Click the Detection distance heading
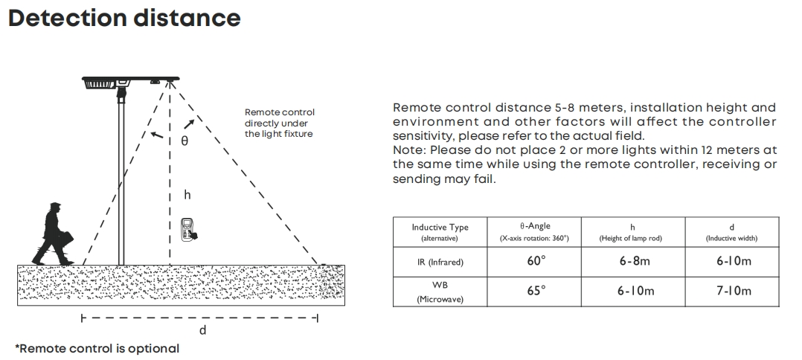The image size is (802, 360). coord(124,18)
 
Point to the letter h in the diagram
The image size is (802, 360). coord(187,195)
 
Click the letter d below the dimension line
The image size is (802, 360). coord(202,331)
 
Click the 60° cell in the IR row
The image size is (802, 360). coord(536,261)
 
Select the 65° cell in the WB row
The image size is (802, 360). coord(536,291)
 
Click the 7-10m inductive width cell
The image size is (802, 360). coord(734,291)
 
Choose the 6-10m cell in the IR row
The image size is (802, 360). coord(734,261)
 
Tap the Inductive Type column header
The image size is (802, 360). coord(440,232)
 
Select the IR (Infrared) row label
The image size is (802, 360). coord(440,262)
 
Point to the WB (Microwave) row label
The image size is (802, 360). coord(440,292)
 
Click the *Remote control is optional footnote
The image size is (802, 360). coord(97,349)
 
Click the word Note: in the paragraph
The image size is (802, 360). coord(409,150)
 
